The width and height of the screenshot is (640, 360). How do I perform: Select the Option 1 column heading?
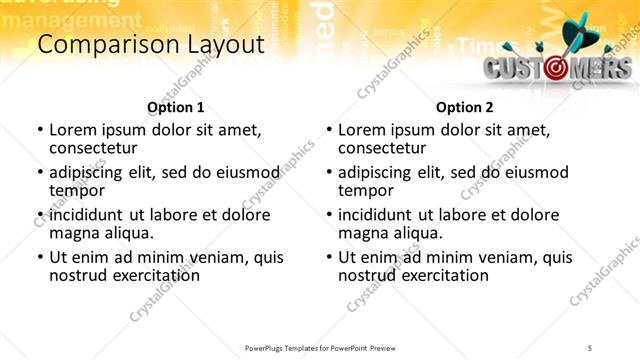click(x=175, y=107)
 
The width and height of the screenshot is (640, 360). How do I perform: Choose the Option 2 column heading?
click(x=465, y=107)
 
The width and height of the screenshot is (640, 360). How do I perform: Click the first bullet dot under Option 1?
click(x=40, y=130)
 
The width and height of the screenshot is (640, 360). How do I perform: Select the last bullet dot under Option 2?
click(x=329, y=257)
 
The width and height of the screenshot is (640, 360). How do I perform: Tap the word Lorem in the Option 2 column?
click(x=361, y=129)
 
